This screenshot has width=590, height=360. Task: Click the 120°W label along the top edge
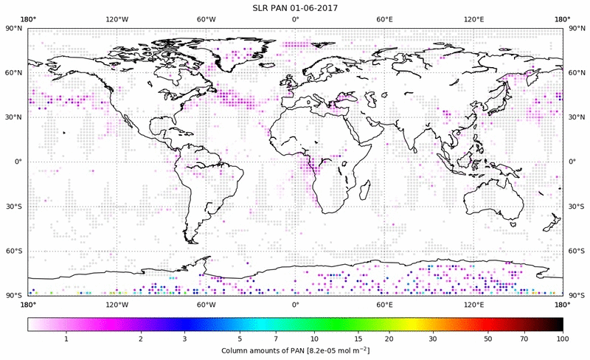[x=117, y=19]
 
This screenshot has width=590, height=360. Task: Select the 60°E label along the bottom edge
[x=384, y=303]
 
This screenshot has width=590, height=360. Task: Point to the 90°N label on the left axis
[x=13, y=29]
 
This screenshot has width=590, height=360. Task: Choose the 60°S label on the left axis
[x=13, y=252]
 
